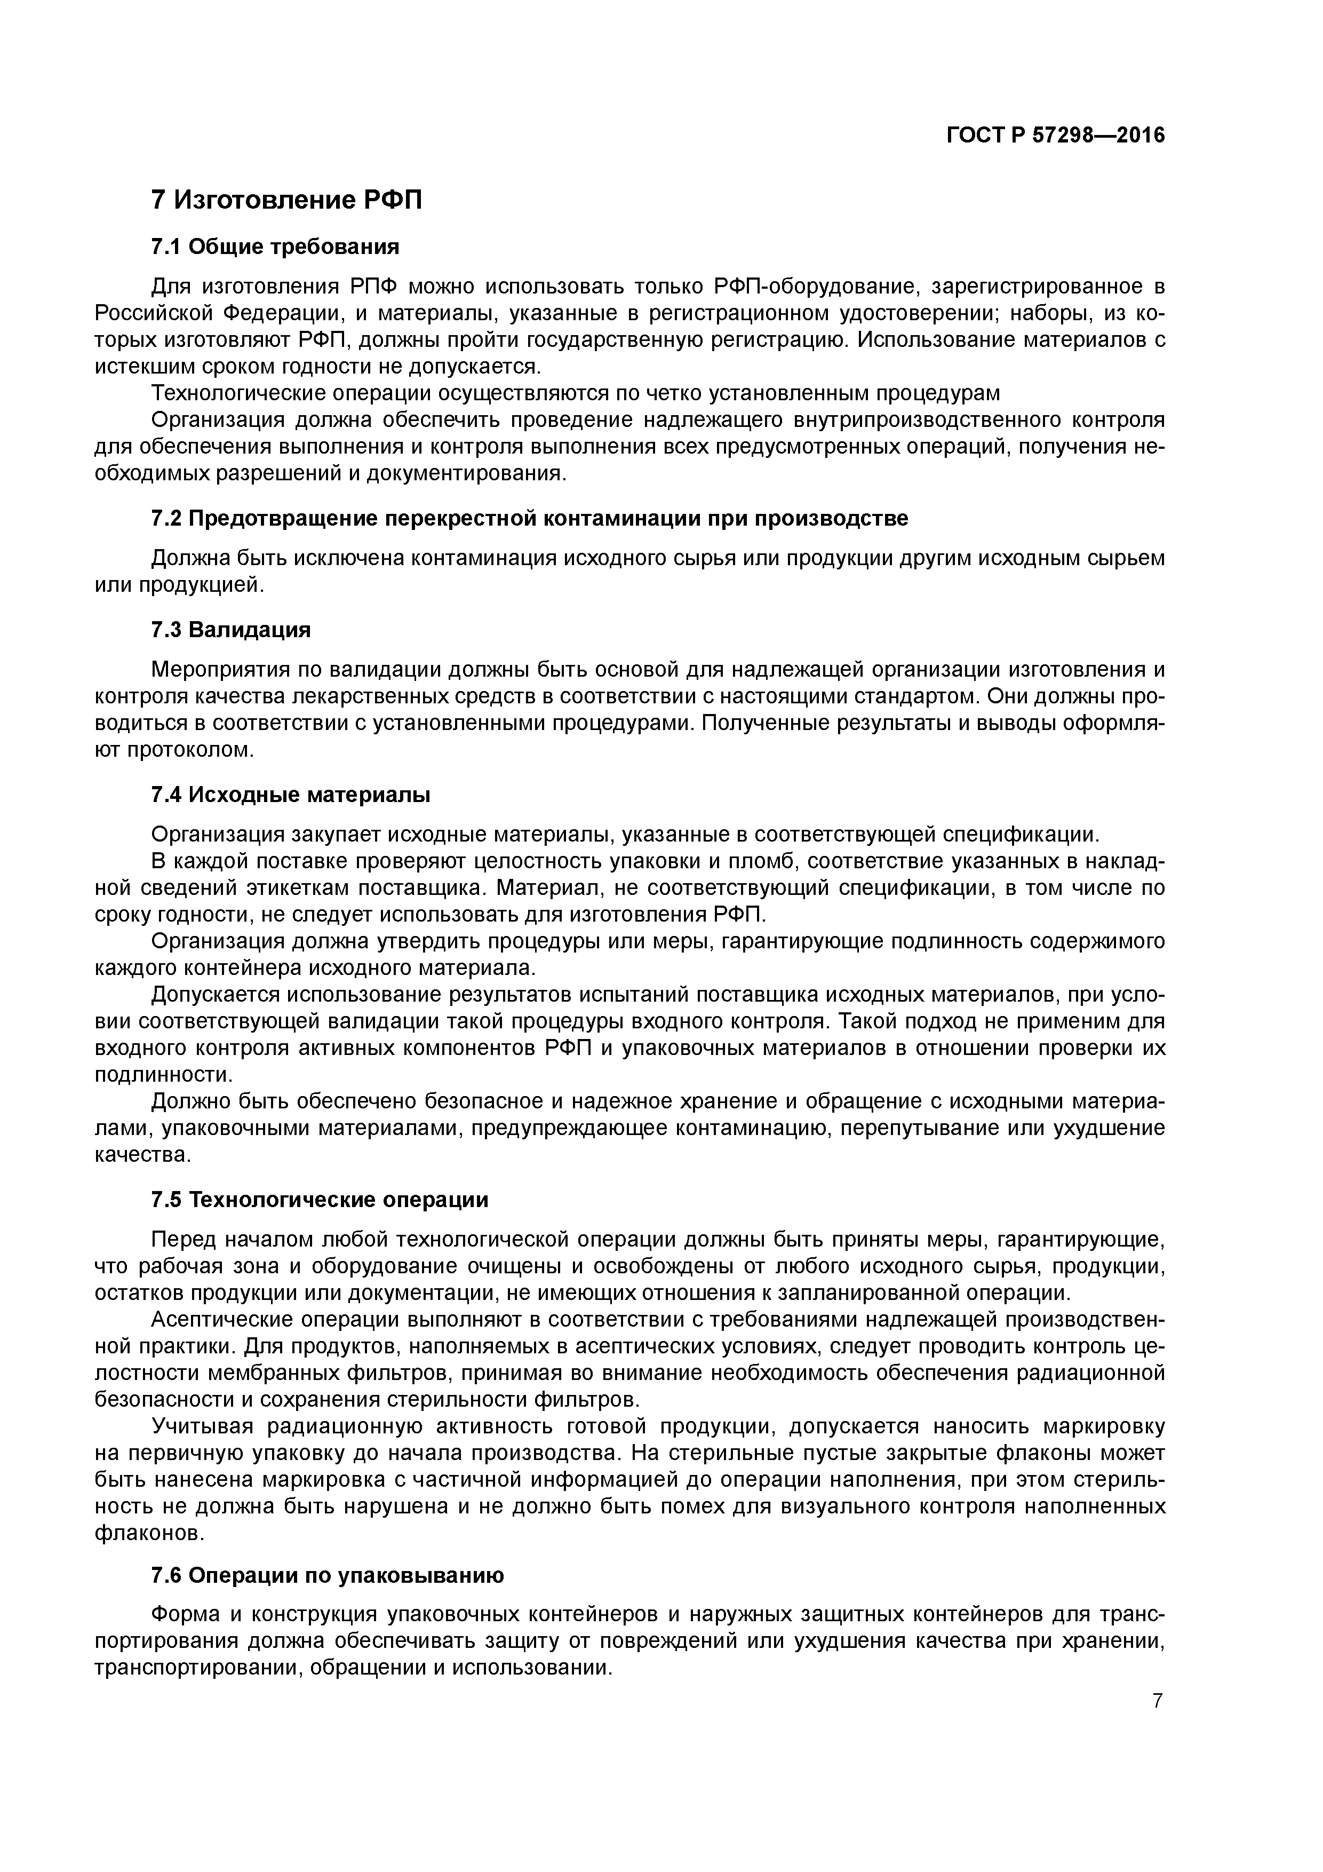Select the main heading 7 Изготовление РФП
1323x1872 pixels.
287,200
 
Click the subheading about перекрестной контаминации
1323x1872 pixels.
529,519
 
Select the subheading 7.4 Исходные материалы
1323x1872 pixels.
291,794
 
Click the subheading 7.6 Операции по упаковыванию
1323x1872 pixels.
328,1576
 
